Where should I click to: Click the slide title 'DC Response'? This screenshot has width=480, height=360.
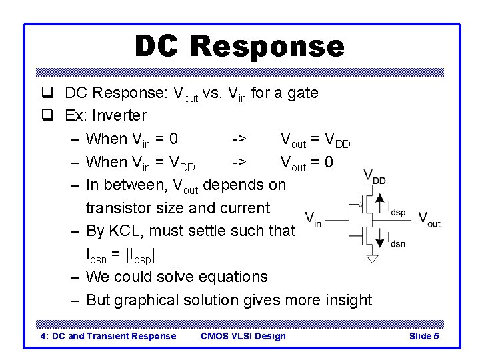[x=239, y=46]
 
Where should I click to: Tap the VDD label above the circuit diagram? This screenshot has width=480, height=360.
[x=375, y=177]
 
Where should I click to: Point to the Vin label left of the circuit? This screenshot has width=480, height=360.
[x=313, y=219]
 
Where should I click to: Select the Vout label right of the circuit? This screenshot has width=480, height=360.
[x=429, y=219]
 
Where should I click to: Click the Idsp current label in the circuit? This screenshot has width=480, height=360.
[x=397, y=207]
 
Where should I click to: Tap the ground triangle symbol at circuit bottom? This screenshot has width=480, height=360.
[x=372, y=258]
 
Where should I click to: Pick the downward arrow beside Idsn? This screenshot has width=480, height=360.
[x=380, y=239]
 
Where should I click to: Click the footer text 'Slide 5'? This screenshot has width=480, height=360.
[x=423, y=336]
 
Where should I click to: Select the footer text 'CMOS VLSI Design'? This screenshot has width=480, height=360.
[x=243, y=336]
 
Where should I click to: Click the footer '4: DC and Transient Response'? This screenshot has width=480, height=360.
[x=109, y=336]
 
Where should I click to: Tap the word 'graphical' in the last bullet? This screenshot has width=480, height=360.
[x=145, y=300]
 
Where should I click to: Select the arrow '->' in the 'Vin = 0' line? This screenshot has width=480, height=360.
[x=239, y=139]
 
